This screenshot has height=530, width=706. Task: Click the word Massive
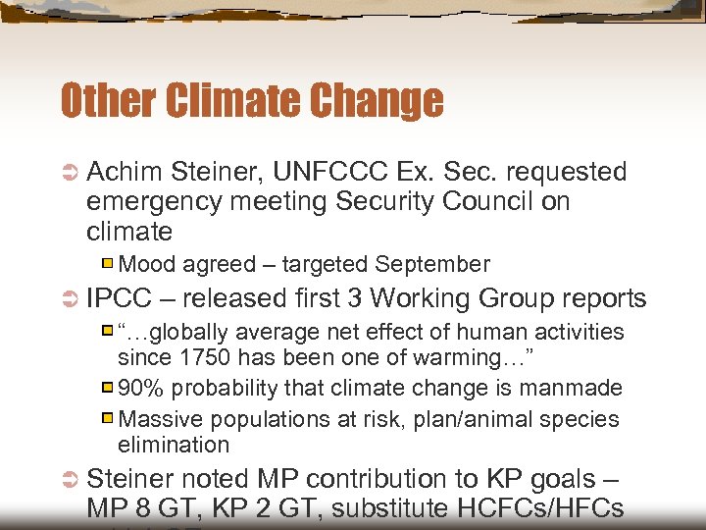coord(158,419)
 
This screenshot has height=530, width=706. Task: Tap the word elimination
coord(173,445)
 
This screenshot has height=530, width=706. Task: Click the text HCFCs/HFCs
coord(561,509)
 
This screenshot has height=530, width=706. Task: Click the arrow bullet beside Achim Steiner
coord(70,173)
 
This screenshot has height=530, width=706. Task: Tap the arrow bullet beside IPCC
coord(70,299)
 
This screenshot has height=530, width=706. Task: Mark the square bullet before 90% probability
coord(109,389)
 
